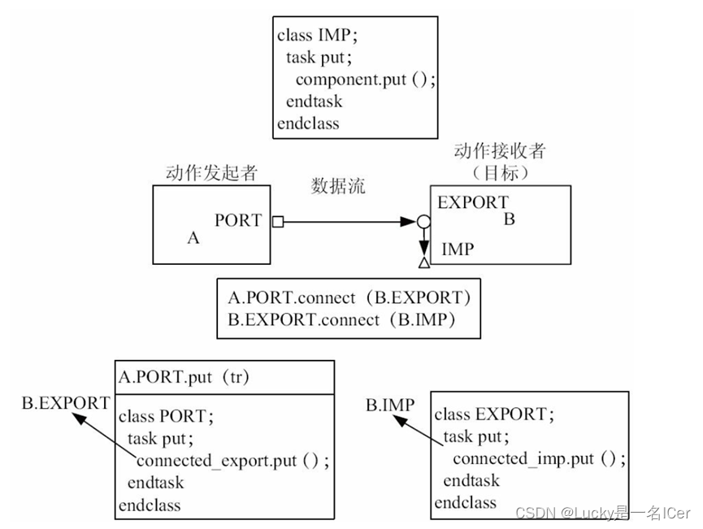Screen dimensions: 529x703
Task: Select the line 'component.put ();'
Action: click(x=366, y=79)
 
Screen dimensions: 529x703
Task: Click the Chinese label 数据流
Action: click(x=338, y=186)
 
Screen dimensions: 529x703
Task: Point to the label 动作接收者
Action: click(x=499, y=151)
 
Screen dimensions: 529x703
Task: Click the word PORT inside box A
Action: click(x=238, y=220)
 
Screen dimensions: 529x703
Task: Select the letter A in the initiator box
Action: click(x=193, y=238)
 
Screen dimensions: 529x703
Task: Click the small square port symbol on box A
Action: click(x=277, y=221)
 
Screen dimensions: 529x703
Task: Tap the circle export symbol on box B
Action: click(x=423, y=221)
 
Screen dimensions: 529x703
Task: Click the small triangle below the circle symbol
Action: click(x=423, y=263)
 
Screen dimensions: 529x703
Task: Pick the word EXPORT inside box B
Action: click(x=473, y=202)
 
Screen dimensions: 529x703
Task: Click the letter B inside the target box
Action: click(x=510, y=219)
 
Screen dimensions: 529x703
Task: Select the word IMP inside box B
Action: click(x=457, y=249)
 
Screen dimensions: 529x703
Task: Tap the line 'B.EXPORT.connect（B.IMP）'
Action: click(x=341, y=319)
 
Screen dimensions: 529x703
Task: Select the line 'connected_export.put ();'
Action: click(x=232, y=461)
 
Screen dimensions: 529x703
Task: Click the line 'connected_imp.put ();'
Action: click(x=539, y=458)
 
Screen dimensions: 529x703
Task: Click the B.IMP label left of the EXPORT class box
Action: click(x=389, y=405)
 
